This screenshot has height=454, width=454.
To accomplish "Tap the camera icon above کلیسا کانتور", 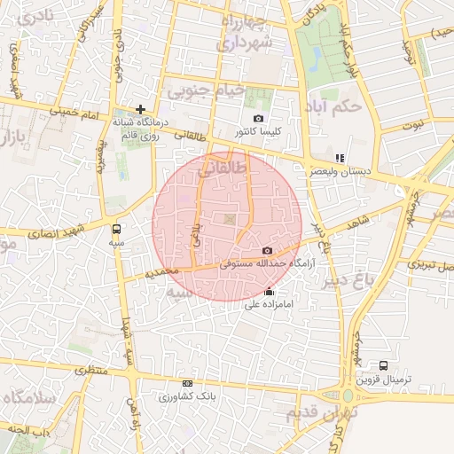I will tap(258, 118).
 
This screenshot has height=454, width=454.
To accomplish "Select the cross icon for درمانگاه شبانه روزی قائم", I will tap(140, 109).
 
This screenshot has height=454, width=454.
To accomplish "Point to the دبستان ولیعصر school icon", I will tap(340, 157).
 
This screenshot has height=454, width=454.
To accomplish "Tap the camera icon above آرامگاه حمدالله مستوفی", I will tap(267, 251).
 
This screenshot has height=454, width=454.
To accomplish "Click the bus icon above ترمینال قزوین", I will tap(383, 364).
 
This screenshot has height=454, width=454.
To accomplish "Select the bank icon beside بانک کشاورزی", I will tap(186, 383).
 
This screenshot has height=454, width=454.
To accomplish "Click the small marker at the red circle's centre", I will tap(230, 218).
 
